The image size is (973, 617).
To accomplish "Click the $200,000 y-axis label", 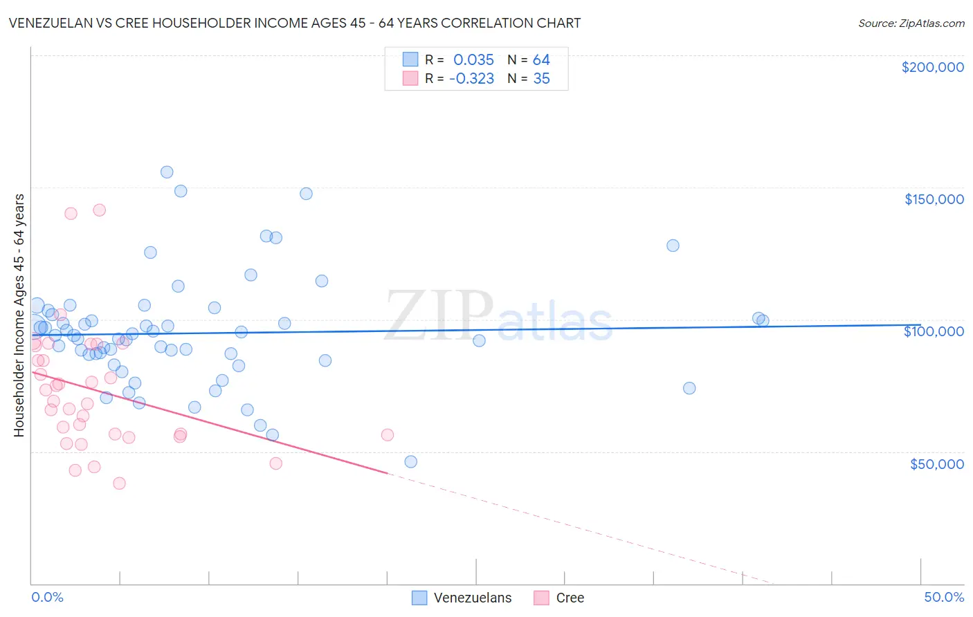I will (x=932, y=67).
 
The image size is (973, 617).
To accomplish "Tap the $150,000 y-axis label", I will (x=934, y=199).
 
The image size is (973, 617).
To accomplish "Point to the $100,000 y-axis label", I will (x=934, y=331).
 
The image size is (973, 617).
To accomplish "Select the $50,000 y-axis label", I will (x=936, y=463).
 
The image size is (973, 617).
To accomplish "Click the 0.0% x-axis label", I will (x=47, y=597).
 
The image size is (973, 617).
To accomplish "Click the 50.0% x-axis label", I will (x=944, y=597).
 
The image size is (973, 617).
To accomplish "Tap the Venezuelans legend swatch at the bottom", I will (x=419, y=598).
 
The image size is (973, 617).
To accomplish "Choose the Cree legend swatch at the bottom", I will (x=541, y=598).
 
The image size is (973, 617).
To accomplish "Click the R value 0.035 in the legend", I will (x=473, y=60).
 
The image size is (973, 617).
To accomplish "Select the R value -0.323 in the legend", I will (x=471, y=79).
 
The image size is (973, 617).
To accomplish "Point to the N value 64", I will (x=541, y=60).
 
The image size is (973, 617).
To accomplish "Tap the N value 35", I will (x=541, y=79).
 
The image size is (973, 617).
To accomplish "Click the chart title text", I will (x=295, y=23).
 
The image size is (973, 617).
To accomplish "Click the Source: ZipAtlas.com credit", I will (x=911, y=23).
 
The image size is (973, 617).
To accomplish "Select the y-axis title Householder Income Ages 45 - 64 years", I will (x=19, y=315).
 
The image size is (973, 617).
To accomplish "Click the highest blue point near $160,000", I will (x=167, y=172).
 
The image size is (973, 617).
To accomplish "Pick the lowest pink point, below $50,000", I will (x=119, y=484).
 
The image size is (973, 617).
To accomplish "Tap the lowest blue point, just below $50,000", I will (x=410, y=461).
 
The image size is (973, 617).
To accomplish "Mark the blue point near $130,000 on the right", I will (x=673, y=246).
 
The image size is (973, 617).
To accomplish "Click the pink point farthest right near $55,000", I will (x=388, y=435).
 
